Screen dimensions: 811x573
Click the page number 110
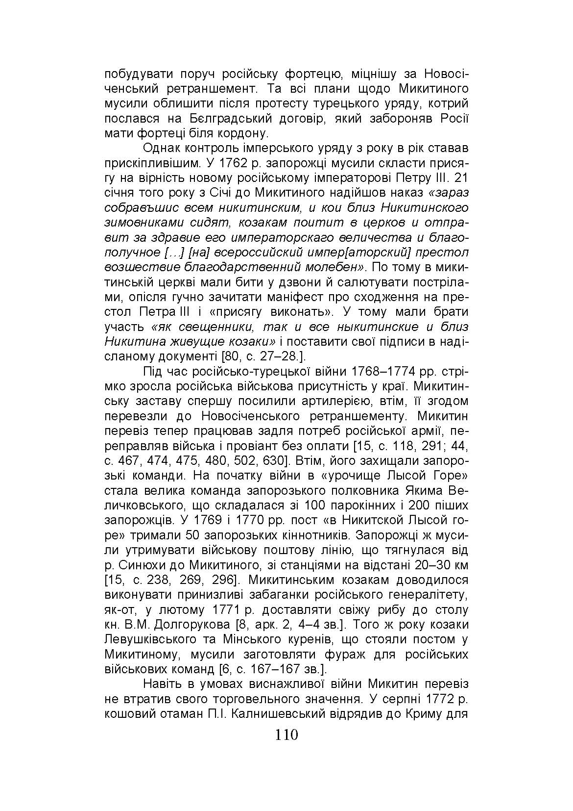(286, 735)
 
